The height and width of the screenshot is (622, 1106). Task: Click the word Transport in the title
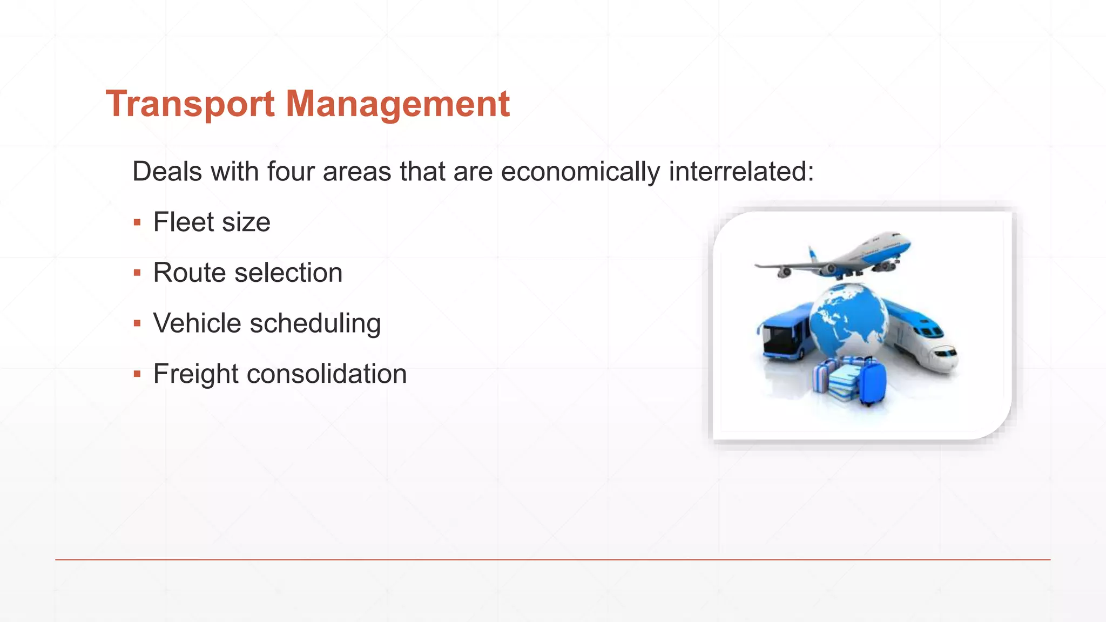190,104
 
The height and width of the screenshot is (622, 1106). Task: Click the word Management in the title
397,104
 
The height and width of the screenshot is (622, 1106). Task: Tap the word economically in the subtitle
580,172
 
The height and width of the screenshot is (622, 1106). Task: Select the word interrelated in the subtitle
740,172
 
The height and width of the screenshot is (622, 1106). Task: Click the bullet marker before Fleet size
137,222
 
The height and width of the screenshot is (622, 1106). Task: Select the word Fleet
184,222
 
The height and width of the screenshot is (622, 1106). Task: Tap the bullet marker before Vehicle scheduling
137,323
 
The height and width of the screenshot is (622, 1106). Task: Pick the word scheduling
315,324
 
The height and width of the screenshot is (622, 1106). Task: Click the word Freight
195,374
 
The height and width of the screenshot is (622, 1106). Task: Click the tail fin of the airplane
812,254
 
